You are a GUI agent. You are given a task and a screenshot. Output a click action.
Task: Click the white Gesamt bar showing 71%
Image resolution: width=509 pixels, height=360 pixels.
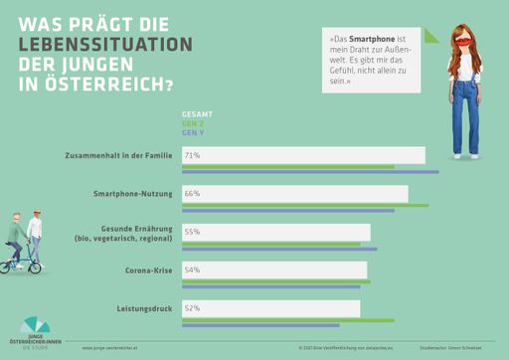(x=303, y=155)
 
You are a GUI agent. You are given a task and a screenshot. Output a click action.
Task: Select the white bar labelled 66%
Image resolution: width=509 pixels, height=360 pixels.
(x=294, y=193)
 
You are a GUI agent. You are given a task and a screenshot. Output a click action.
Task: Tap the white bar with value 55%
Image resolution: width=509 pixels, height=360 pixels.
(x=275, y=231)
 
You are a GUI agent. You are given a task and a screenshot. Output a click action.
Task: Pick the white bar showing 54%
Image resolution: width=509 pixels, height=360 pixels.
(x=273, y=270)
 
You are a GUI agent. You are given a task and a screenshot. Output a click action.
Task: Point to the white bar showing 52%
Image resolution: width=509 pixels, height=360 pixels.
(x=270, y=307)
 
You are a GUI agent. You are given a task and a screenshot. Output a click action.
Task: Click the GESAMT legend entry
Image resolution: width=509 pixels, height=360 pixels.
(x=197, y=114)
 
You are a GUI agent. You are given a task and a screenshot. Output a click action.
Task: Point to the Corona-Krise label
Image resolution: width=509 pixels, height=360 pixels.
(x=149, y=270)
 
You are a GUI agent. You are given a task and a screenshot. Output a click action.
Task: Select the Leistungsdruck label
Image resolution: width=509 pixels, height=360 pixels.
(x=146, y=308)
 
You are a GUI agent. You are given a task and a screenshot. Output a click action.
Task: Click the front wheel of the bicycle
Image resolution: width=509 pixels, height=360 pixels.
(x=35, y=266)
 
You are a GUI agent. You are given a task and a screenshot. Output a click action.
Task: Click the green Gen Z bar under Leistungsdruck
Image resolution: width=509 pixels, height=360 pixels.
(x=288, y=320)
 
